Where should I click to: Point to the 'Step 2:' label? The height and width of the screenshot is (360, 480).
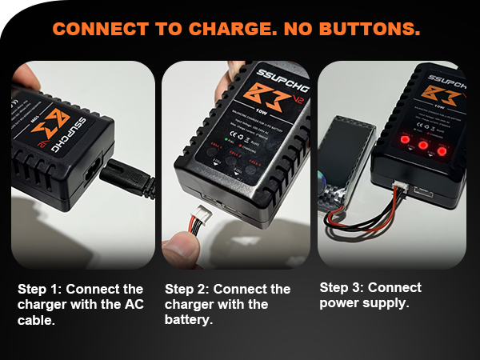pos(188,289)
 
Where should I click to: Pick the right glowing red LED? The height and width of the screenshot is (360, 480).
pos(442,150)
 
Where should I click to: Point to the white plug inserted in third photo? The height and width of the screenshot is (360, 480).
pos(398,187)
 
